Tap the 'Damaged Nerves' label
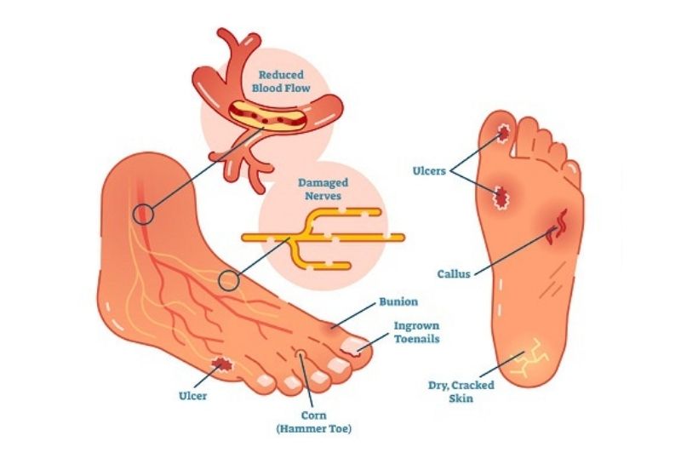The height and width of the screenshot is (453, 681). (321, 189)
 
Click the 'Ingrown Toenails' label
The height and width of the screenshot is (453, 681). (416, 332)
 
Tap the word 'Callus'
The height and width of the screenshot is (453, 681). (453, 274)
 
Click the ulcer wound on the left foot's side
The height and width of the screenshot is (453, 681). (224, 365)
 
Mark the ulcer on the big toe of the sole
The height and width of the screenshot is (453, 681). (504, 133)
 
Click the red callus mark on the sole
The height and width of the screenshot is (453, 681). (562, 224)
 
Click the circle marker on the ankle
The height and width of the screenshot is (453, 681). (144, 214)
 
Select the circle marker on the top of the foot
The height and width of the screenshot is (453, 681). (227, 279)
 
